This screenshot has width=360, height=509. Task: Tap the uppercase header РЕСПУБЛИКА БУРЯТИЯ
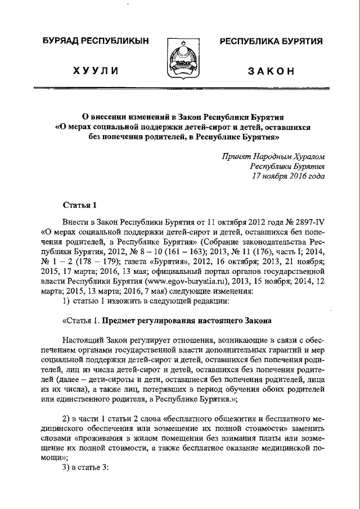(x=271, y=42)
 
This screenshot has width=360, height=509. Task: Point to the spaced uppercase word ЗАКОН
(x=271, y=70)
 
